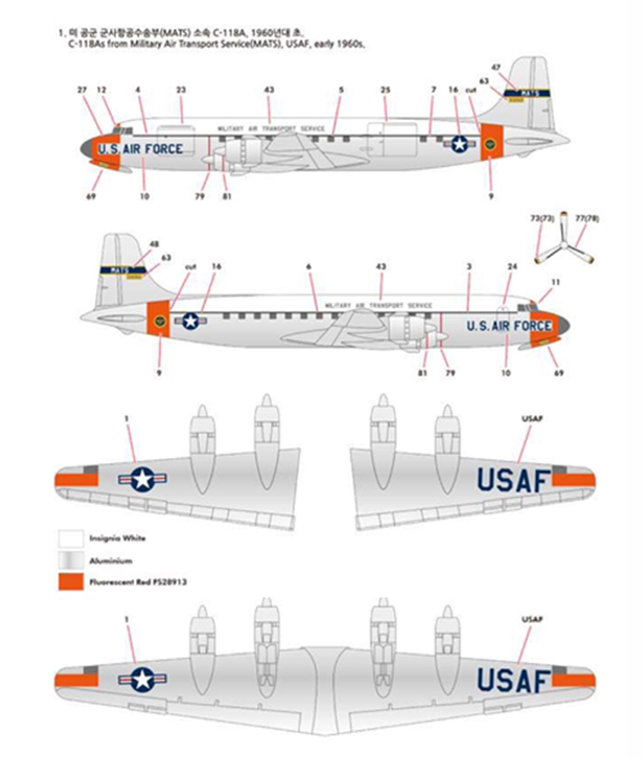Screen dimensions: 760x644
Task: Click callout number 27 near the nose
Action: point(82,90)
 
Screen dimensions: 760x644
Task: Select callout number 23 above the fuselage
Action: point(181,90)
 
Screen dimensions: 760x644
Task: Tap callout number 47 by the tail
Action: point(496,68)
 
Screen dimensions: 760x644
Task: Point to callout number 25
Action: point(385,90)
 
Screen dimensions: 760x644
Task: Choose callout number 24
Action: point(512,267)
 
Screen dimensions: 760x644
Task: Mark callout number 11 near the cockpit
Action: point(555,282)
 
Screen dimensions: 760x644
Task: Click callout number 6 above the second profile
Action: point(309,267)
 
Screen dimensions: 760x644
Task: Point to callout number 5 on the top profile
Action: point(341,90)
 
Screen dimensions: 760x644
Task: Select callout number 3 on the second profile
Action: point(469,267)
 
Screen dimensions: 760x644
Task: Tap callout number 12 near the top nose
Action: point(102,90)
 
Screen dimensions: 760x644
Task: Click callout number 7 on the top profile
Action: point(433,90)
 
